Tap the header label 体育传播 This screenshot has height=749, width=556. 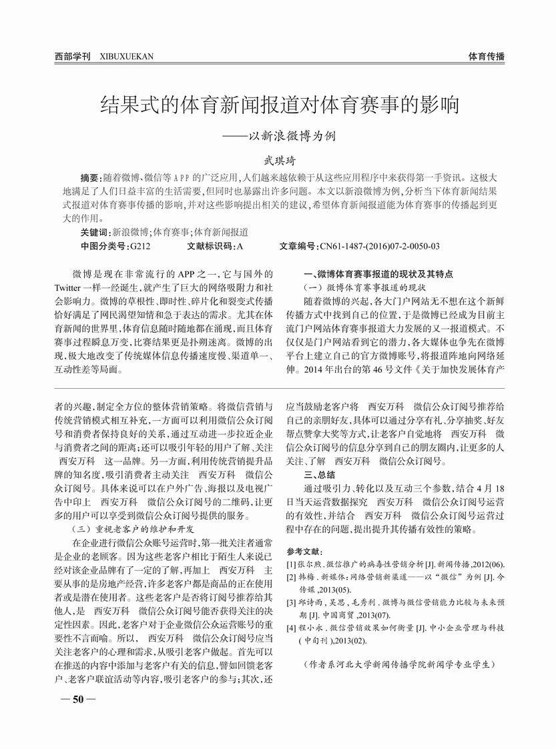(x=486, y=57)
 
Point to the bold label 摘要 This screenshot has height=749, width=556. (x=89, y=178)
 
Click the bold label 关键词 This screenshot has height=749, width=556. (x=94, y=232)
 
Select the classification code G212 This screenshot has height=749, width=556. (x=140, y=246)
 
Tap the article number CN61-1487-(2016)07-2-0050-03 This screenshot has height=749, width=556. (x=380, y=246)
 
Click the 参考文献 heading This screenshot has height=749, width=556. (x=304, y=552)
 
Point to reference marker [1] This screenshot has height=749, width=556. (x=291, y=565)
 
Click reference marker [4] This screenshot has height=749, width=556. (x=291, y=628)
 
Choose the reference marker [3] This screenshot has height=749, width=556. (x=291, y=603)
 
